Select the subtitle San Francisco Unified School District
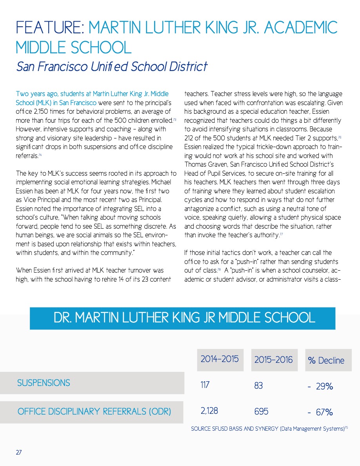pyautogui.click(x=112, y=66)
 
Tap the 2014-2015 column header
pyautogui.click(x=220, y=359)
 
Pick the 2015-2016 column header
pyautogui.click(x=273, y=360)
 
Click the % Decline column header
pyautogui.click(x=326, y=360)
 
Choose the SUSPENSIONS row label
pyautogui.click(x=44, y=383)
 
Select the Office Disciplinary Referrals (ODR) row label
pyautogui.click(x=94, y=411)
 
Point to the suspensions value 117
pyautogui.click(x=205, y=385)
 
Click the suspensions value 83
pyautogui.click(x=258, y=386)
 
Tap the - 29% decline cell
pyautogui.click(x=320, y=386)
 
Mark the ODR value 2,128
pyautogui.click(x=209, y=411)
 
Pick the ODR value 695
pyautogui.click(x=261, y=411)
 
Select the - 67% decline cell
pyautogui.click(x=320, y=412)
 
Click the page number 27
pyautogui.click(x=19, y=452)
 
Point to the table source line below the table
pyautogui.click(x=269, y=429)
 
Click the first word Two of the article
pyautogui.click(x=22, y=94)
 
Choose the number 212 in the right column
pyautogui.click(x=189, y=138)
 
